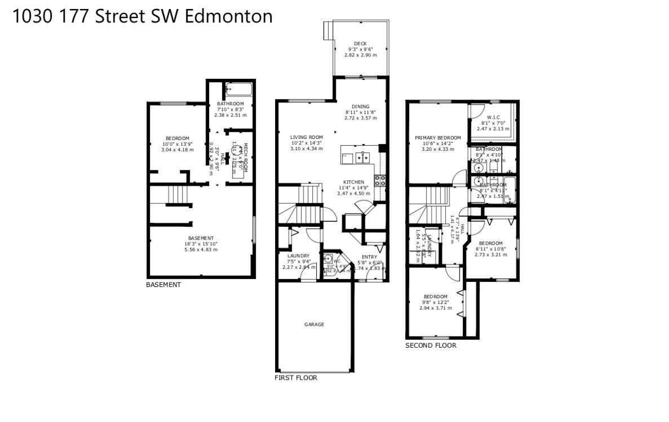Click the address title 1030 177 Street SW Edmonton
click(x=142, y=16)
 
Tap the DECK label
click(x=360, y=44)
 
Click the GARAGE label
click(x=314, y=324)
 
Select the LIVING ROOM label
click(x=306, y=137)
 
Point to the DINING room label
click(x=360, y=106)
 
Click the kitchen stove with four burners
click(x=380, y=181)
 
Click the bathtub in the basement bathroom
click(x=240, y=89)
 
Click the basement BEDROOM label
click(x=177, y=138)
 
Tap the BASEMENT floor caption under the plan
click(x=163, y=285)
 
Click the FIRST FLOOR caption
click(x=295, y=378)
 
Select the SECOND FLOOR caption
click(x=431, y=345)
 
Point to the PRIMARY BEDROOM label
click(x=437, y=138)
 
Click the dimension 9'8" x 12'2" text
click(x=435, y=303)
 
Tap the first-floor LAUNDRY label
click(x=298, y=256)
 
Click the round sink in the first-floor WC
click(x=328, y=259)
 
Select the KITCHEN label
click(x=353, y=182)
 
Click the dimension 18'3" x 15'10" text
click(x=201, y=244)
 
